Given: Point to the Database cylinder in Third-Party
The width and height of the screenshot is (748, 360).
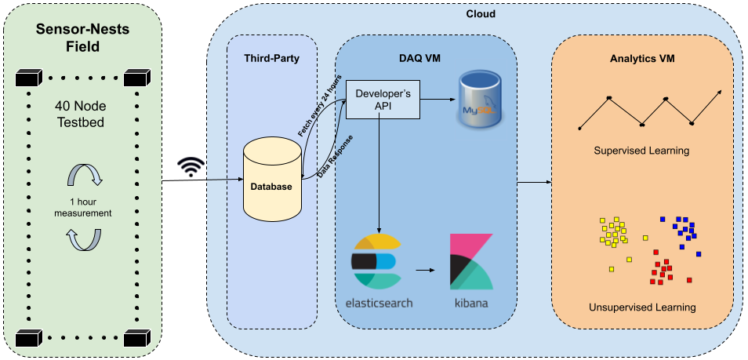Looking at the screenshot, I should (272, 180).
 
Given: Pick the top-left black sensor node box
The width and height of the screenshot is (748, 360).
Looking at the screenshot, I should (27, 78).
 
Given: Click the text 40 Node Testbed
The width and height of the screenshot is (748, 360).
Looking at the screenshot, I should (82, 115).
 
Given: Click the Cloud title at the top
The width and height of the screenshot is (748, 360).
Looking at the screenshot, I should (481, 13).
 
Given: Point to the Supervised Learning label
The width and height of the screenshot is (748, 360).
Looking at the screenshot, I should (641, 150).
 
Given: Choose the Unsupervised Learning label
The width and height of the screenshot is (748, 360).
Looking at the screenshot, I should (642, 307).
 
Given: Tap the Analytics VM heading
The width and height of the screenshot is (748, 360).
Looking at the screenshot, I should (641, 59).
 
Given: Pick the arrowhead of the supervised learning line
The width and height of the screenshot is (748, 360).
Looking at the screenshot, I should (718, 92).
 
